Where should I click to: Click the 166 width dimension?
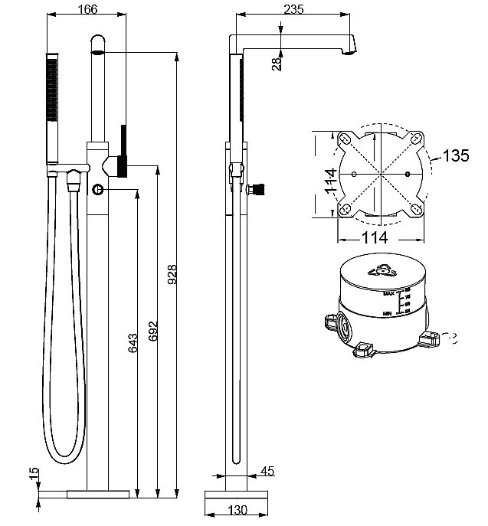pos(87,9)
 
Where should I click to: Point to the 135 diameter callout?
pos(456,156)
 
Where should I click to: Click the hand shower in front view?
pos(52,107)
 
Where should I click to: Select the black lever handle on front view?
pos(122,150)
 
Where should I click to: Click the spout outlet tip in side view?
pos(350,51)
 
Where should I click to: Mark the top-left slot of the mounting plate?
pos(344,138)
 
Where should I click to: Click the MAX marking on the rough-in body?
pos(389,292)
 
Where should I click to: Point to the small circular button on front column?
pos(98,189)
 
